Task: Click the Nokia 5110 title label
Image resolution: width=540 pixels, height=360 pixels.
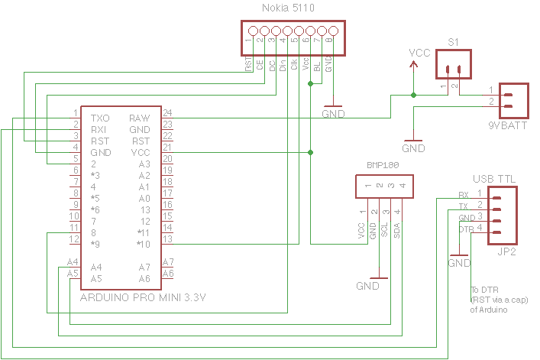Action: tap(289, 8)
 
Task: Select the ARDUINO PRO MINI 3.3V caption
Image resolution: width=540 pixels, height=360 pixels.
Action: tap(143, 297)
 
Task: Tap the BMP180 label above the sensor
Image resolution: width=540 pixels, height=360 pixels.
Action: tap(383, 165)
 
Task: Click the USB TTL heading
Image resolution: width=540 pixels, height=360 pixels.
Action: tap(494, 178)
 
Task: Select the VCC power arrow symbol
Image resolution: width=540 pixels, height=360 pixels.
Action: tap(414, 65)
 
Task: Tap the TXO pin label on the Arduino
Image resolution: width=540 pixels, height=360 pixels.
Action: tap(99, 118)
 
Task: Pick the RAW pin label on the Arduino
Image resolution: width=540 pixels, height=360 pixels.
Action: tap(139, 118)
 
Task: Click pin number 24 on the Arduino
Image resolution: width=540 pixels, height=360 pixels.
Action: tap(167, 112)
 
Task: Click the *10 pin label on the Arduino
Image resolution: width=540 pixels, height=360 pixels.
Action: tap(142, 244)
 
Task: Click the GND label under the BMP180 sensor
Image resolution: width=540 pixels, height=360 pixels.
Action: tap(367, 286)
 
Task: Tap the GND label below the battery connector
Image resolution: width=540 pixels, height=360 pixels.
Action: tap(413, 148)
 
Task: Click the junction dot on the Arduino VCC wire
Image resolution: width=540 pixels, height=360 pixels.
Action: tap(310, 153)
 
